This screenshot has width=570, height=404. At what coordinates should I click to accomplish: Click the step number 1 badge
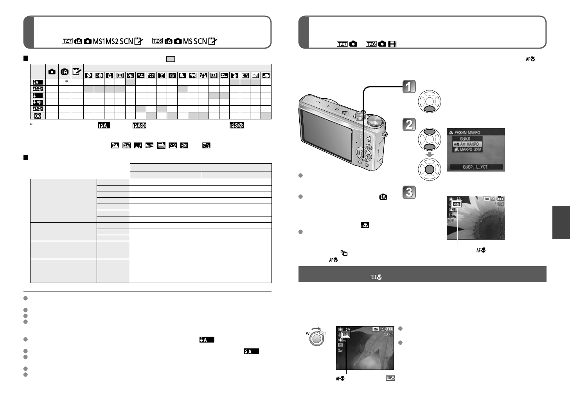click(409, 87)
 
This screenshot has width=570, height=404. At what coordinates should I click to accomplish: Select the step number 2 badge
click(409, 124)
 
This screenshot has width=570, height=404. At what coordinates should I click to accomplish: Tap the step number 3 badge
click(409, 192)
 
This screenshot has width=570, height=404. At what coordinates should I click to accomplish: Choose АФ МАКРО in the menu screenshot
click(469, 144)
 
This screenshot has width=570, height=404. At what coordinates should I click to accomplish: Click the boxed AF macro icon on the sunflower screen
click(456, 204)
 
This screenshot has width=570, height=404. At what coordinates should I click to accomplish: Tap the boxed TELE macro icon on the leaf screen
click(345, 335)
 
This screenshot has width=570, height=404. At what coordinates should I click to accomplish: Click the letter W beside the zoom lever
click(307, 334)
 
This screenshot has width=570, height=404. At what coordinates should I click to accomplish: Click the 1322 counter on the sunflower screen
click(499, 204)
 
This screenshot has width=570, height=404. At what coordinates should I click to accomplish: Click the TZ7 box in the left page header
click(67, 41)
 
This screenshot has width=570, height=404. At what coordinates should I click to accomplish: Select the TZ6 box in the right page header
click(371, 44)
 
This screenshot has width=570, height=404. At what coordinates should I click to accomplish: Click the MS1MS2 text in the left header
click(106, 41)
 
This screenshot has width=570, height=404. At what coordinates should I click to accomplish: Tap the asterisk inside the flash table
click(67, 81)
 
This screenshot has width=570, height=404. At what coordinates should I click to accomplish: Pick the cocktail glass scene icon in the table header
click(161, 75)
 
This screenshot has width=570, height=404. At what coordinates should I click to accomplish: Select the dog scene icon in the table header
click(192, 75)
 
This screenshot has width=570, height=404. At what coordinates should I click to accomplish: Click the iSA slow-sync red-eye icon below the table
click(236, 125)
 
